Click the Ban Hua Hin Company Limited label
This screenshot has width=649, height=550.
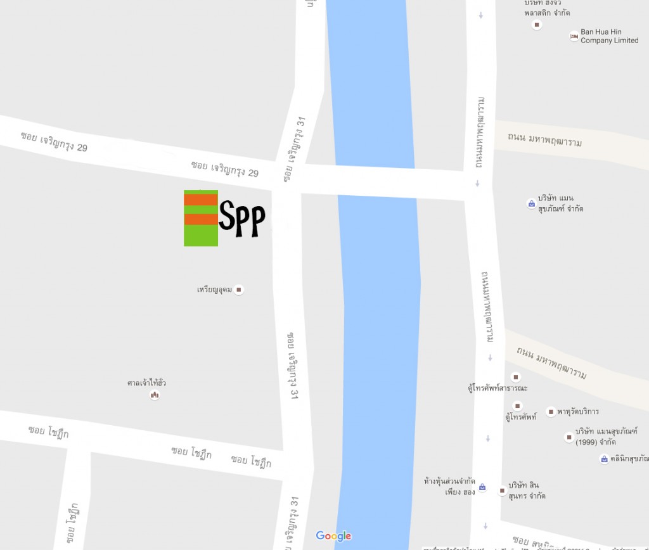pyautogui.click(x=609, y=36)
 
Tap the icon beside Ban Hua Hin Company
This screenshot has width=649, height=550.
pyautogui.click(x=574, y=37)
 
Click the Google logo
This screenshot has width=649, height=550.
pyautogui.click(x=333, y=536)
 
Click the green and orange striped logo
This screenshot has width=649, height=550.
pyautogui.click(x=201, y=218)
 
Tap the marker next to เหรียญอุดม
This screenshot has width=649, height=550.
pyautogui.click(x=239, y=290)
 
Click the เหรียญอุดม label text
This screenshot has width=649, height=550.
pyautogui.click(x=214, y=290)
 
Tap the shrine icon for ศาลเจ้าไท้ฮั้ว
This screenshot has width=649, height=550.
pyautogui.click(x=154, y=395)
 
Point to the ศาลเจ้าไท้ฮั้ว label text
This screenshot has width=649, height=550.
pyautogui.click(x=146, y=383)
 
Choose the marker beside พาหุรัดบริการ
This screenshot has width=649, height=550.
pyautogui.click(x=551, y=412)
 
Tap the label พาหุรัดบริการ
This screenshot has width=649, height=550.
pyautogui.click(x=579, y=412)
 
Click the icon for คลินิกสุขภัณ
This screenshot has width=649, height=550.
pyautogui.click(x=604, y=459)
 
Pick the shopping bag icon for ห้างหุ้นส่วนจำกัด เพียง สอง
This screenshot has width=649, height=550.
pyautogui.click(x=482, y=487)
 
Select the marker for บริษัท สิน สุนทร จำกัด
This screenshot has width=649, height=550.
pyautogui.click(x=502, y=490)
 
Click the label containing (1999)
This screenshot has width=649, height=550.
pyautogui.click(x=606, y=437)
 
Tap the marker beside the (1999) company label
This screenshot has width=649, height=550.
pyautogui.click(x=569, y=437)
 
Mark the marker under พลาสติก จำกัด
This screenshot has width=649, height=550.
pyautogui.click(x=537, y=25)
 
